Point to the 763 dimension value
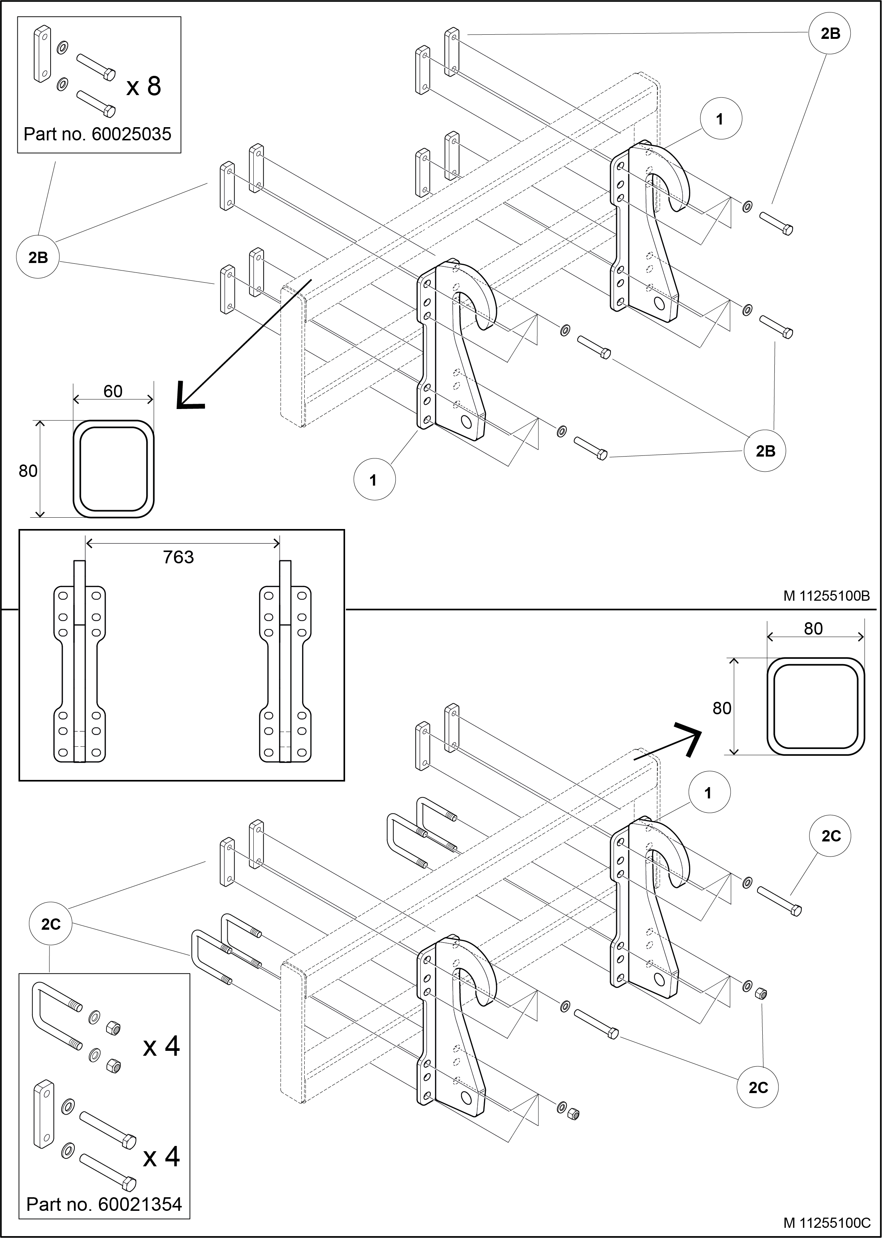178,557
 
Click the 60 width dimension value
113,391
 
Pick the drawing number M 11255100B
826,596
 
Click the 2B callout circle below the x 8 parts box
38,257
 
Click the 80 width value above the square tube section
813,629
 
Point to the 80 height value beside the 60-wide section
28,471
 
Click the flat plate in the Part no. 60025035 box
42,54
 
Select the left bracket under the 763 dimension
79,661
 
